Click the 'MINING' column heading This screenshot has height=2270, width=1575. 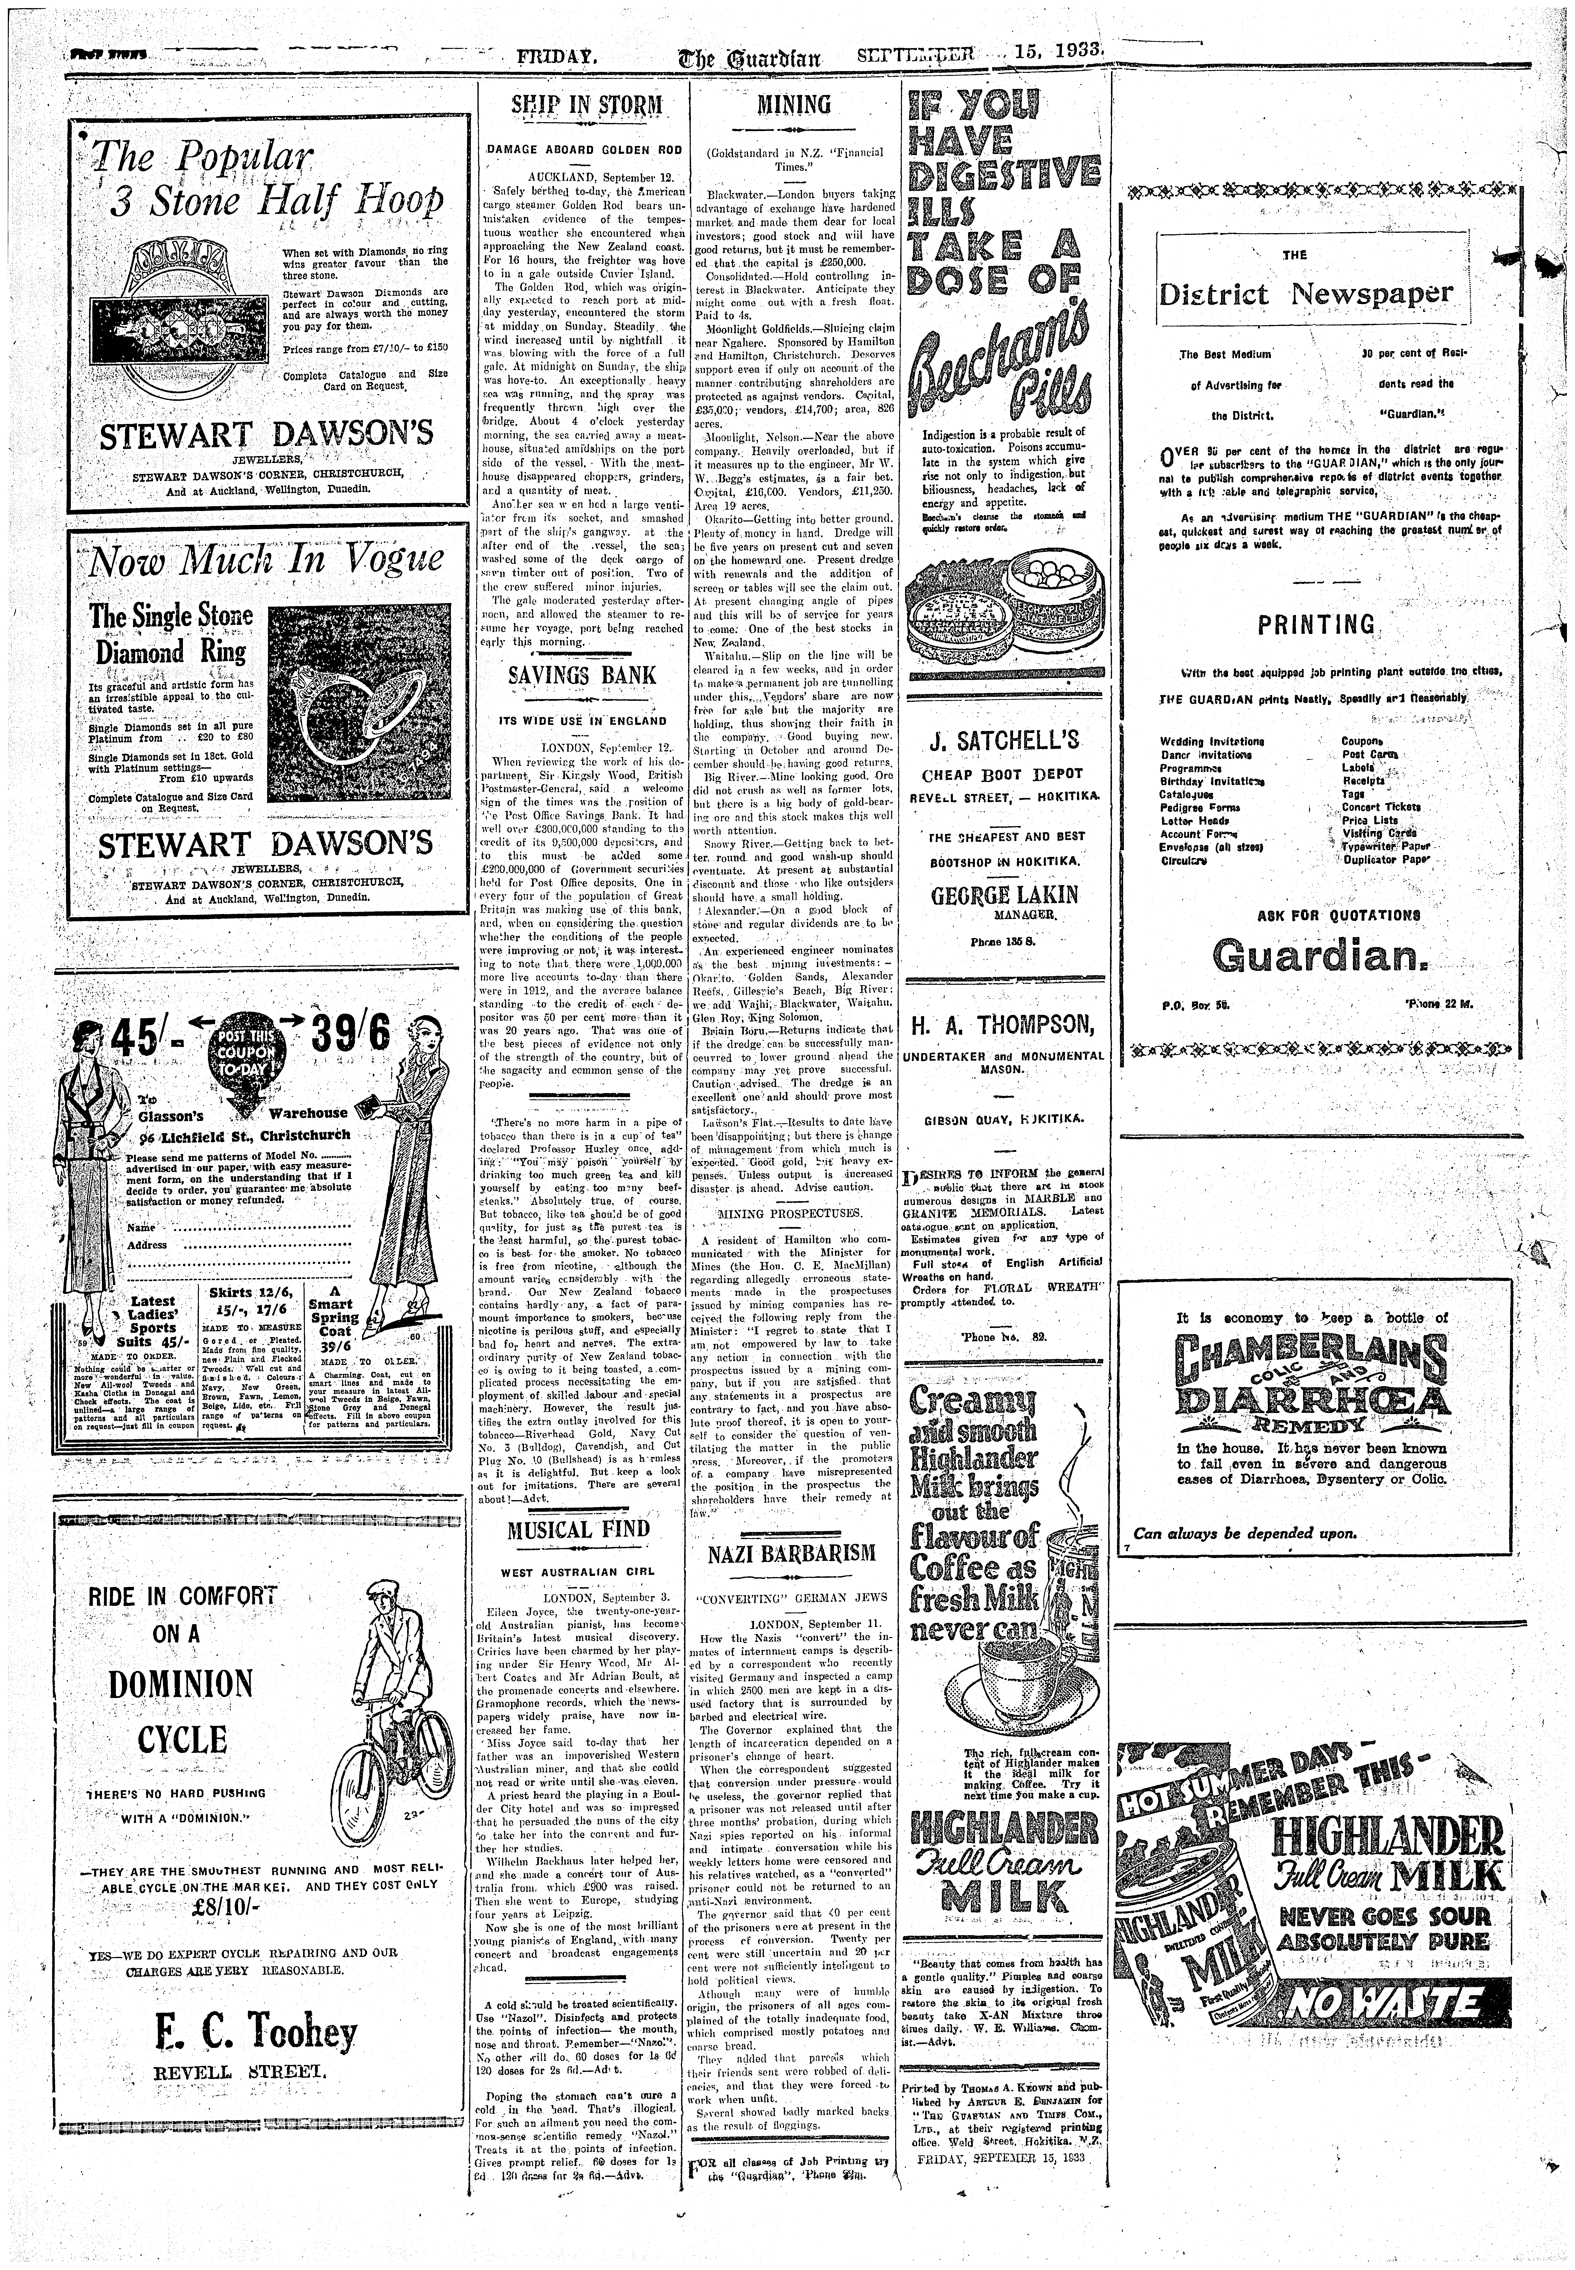point(792,105)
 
